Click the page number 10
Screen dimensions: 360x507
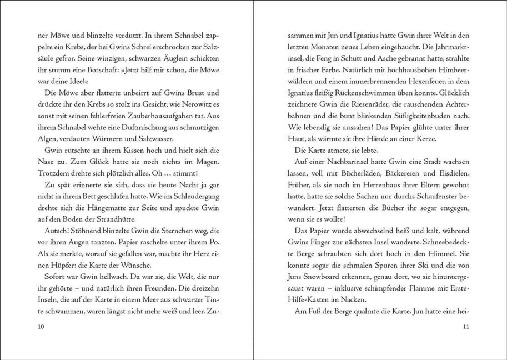click(x=39, y=327)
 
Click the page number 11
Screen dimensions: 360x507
click(x=466, y=327)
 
